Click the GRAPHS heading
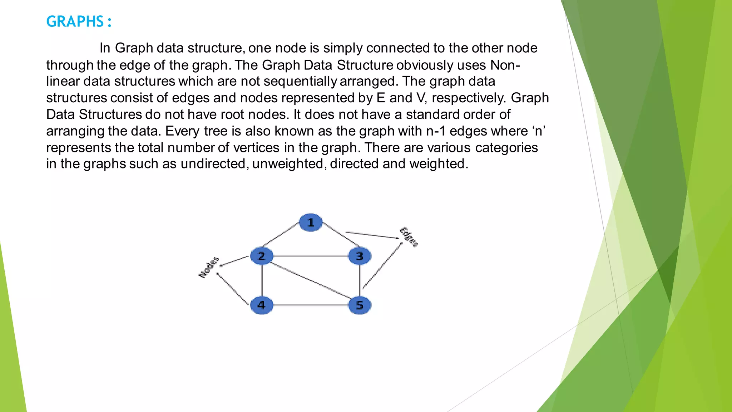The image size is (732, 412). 79,21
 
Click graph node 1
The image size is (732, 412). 311,222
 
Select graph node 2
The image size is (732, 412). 262,256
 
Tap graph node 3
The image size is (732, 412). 360,256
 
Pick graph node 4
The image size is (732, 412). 262,305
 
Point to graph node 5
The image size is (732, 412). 360,305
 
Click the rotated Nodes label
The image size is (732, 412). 209,267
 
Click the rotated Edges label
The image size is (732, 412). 409,237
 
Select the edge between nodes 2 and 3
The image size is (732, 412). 311,256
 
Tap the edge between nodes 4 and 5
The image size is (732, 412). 311,305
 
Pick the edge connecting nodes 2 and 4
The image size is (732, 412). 262,281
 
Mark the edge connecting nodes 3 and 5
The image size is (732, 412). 360,281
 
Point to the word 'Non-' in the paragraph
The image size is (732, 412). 505,65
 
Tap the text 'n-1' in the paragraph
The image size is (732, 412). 436,131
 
